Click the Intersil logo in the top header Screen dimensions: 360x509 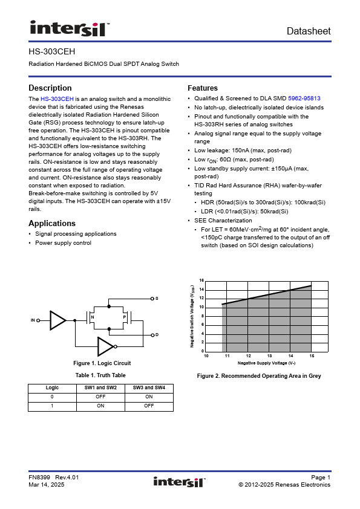(x=70, y=28)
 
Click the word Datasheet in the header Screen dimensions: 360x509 (x=309, y=31)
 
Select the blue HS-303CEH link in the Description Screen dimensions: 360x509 (x=57, y=99)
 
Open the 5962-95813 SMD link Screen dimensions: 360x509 (x=304, y=99)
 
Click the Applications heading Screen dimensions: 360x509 (x=52, y=223)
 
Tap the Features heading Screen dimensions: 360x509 (x=203, y=88)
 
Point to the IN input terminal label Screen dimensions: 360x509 (x=33, y=320)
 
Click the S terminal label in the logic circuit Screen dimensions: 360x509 (x=157, y=298)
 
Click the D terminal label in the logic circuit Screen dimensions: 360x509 (x=157, y=335)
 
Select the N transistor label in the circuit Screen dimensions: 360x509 (x=93, y=317)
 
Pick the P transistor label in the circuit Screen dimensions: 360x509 (x=125, y=317)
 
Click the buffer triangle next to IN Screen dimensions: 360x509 (x=58, y=320)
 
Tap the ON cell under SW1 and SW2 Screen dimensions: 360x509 (x=100, y=406)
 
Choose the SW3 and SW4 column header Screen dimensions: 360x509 (x=149, y=387)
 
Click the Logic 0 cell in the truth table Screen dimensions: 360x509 (x=52, y=397)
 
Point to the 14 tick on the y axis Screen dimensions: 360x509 (x=201, y=290)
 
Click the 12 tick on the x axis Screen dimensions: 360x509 (x=249, y=356)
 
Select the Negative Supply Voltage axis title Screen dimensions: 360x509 (x=266, y=363)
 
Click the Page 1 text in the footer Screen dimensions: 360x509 (x=321, y=478)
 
